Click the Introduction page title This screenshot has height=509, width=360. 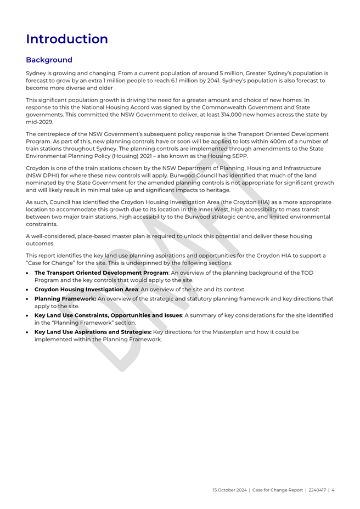(67, 39)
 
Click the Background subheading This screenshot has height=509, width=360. (49, 60)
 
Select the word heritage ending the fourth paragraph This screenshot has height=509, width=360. (231, 190)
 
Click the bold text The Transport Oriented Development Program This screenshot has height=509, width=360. (101, 273)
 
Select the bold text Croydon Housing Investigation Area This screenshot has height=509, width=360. (86, 289)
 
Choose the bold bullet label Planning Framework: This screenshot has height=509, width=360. (65, 299)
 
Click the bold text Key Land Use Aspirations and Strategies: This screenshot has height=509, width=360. (93, 332)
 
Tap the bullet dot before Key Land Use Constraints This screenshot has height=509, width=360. (28, 315)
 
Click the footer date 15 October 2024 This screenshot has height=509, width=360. (230, 490)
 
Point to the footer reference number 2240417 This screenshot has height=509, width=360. (315, 490)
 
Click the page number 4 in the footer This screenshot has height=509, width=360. (333, 490)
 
